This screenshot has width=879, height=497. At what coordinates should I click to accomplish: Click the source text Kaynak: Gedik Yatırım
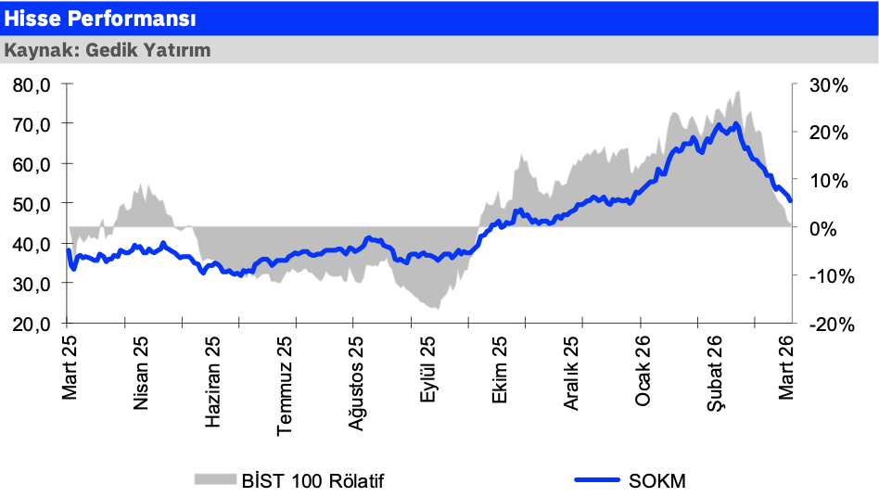point(108,50)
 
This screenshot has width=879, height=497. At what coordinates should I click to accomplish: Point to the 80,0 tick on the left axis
point(33,85)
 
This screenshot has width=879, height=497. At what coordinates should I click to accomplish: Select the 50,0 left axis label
point(33,204)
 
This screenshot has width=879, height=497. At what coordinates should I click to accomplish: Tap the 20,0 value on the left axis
point(33,325)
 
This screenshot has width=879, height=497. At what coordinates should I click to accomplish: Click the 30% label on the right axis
point(828,85)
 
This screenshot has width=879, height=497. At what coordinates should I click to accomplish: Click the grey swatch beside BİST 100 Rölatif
point(215,479)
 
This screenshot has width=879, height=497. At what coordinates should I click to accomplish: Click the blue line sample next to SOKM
point(597,479)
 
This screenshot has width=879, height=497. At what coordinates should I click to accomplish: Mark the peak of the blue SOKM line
point(735,123)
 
